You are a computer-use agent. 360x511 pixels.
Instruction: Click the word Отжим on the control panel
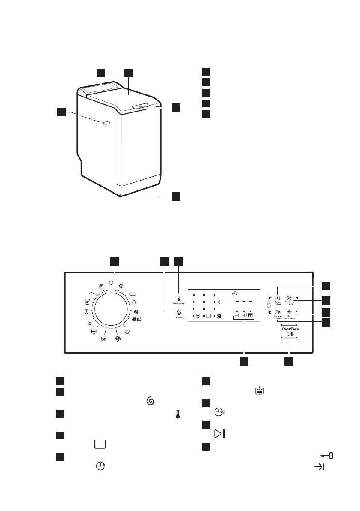pos(178,318)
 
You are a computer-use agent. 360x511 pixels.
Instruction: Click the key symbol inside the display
pos(237,317)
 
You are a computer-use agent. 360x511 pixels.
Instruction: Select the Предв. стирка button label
pos(278,303)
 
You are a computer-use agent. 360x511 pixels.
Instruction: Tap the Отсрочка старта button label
pos(289,303)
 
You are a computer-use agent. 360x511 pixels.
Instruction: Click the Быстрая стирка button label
pos(278,318)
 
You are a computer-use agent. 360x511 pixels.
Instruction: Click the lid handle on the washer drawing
pos(141,105)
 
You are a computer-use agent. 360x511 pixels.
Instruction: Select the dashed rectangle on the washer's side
pos(106,124)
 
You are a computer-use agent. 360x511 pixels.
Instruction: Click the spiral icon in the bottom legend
pos(150,401)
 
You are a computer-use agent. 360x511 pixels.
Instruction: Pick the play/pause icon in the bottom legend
pos(220,433)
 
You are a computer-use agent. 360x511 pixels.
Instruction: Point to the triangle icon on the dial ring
pos(134,302)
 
